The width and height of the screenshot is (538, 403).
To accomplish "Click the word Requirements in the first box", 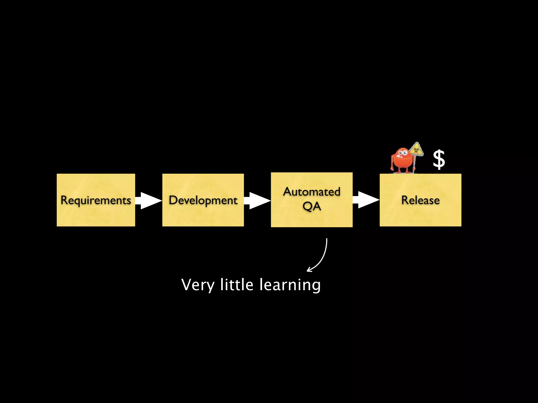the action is [96, 200].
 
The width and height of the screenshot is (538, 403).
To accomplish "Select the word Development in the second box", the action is [203, 200].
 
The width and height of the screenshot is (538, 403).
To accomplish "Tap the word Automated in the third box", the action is [312, 192].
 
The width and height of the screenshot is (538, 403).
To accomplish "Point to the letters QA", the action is [312, 206].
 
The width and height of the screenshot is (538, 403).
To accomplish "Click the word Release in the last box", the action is [420, 200].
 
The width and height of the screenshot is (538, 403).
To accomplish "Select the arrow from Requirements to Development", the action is [149, 200].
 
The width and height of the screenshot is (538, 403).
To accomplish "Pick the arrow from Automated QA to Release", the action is [366, 200].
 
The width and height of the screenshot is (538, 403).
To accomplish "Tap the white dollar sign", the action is [439, 160].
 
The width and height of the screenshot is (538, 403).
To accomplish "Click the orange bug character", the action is [402, 160].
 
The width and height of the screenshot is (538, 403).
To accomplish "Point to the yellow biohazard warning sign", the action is [416, 150].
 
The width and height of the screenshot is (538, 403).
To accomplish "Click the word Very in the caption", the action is [198, 285].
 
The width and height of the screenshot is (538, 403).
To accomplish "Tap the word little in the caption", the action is [237, 285].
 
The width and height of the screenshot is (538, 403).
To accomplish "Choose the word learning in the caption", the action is [290, 285].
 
